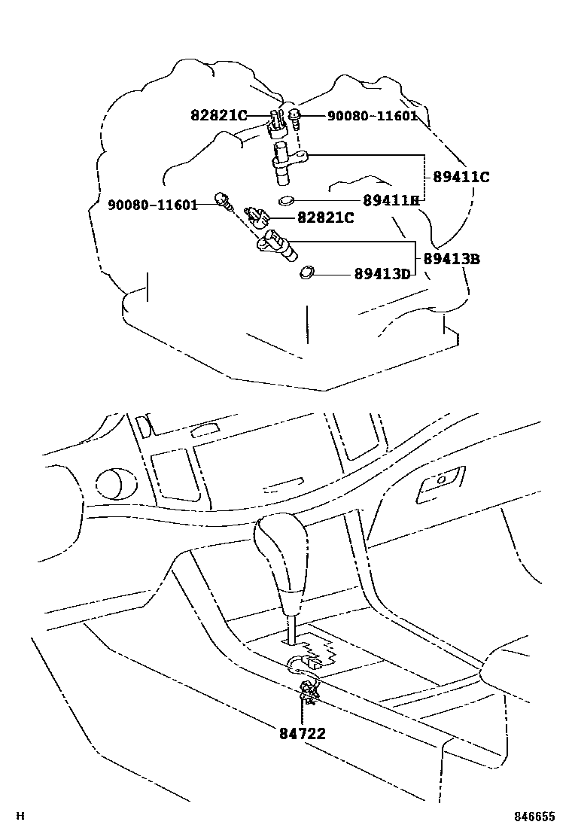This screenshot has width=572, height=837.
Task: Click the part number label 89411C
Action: point(461,178)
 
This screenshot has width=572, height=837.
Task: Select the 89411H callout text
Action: point(390,201)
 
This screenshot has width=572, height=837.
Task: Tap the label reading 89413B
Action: point(451,259)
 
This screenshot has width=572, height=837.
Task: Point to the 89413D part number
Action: point(382,274)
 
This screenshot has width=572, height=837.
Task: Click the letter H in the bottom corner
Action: point(21,817)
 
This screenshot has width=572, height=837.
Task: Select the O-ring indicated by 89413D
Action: point(308,272)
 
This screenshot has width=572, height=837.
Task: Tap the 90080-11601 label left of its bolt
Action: point(152,205)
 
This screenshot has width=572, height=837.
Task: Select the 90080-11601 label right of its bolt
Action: point(371,116)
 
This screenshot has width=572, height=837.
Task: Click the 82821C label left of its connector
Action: point(218,115)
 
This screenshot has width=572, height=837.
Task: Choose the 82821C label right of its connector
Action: point(325,218)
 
